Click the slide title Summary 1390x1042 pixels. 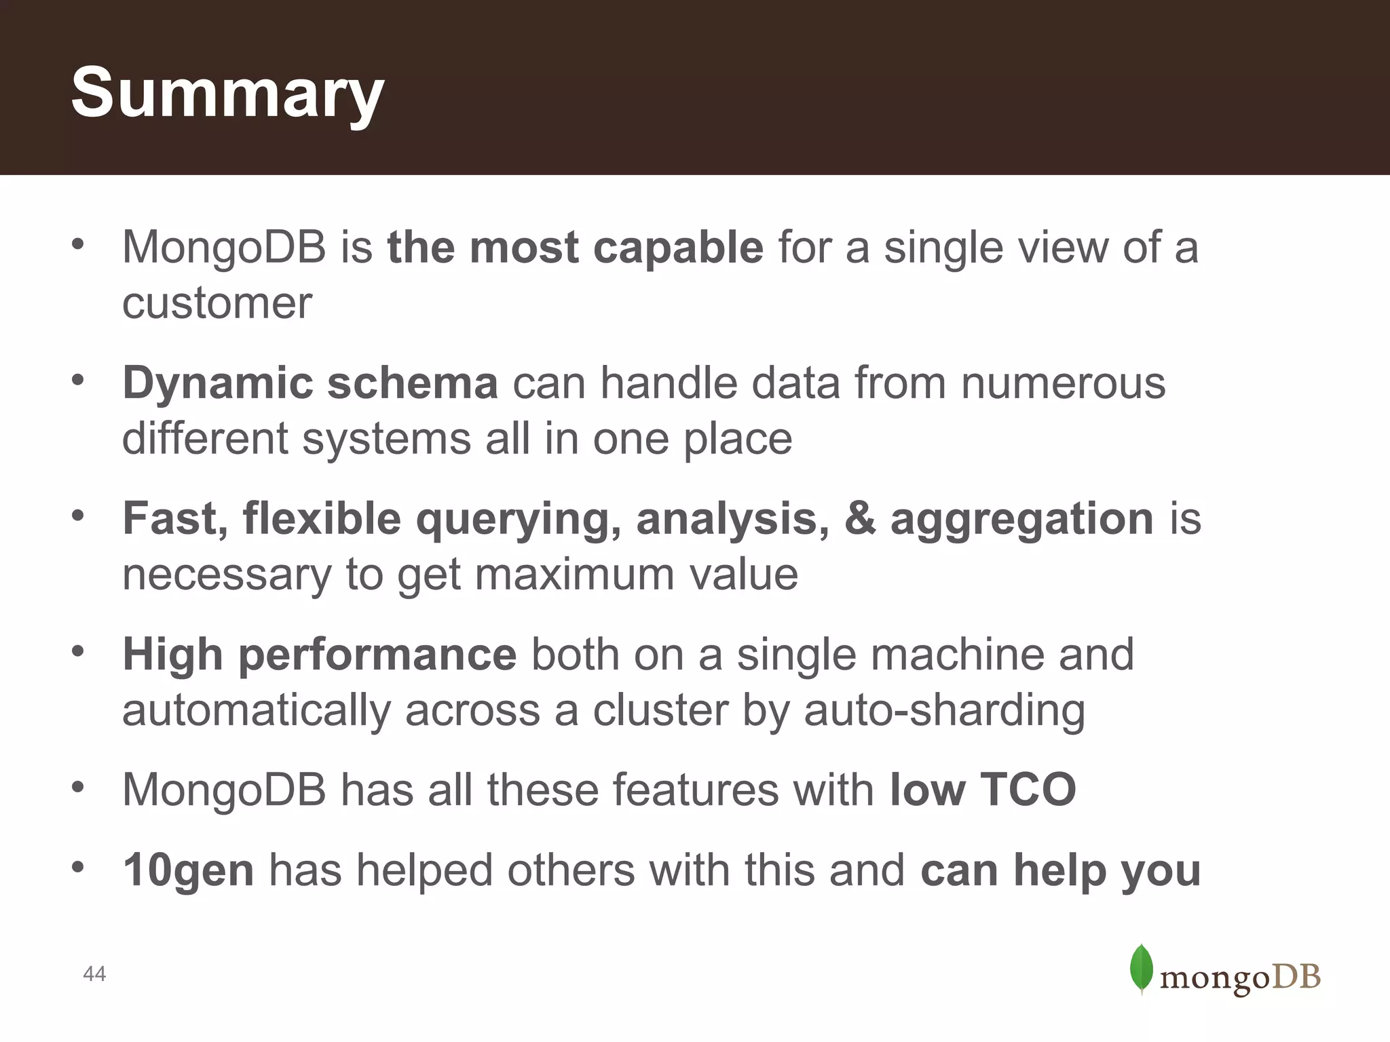(227, 94)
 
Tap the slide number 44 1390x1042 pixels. (94, 974)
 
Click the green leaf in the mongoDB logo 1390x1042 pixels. (1142, 969)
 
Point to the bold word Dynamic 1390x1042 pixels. (217, 384)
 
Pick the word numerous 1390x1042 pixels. (1063, 383)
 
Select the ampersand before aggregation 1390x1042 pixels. (860, 519)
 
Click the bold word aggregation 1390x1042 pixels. (1021, 520)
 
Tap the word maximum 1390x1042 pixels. (574, 575)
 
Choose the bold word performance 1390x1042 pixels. (377, 656)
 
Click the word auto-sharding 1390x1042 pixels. (944, 711)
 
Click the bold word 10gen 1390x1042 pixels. (189, 872)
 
